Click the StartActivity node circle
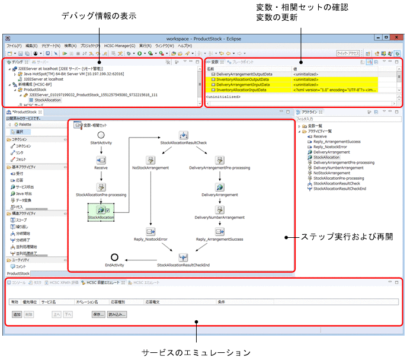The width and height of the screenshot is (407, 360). (x=101, y=135)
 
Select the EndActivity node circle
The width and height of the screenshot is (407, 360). (x=114, y=257)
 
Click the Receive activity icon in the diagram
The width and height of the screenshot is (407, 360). (x=101, y=160)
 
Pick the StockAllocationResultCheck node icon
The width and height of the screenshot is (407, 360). (x=184, y=135)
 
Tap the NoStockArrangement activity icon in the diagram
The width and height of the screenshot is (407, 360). (x=150, y=160)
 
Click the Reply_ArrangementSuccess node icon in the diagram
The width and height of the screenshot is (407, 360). (x=219, y=231)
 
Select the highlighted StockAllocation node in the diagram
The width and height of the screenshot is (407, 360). (x=101, y=211)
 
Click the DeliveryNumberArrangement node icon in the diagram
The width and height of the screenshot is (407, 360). (x=219, y=208)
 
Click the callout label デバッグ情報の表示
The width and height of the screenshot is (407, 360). (x=99, y=16)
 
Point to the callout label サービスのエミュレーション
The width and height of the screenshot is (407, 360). (x=196, y=352)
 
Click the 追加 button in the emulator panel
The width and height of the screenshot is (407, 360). (x=17, y=314)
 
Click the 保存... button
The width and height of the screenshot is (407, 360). (x=97, y=314)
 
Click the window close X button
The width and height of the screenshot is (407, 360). (x=398, y=37)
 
